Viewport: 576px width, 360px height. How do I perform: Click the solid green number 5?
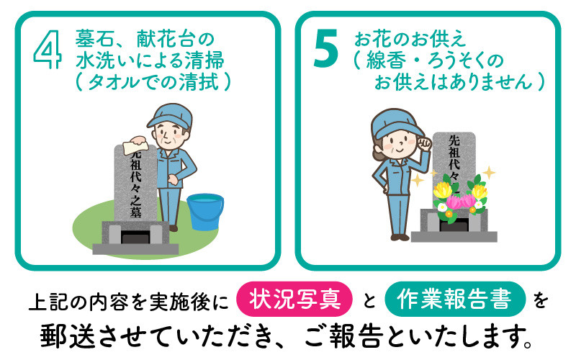coord(326,48)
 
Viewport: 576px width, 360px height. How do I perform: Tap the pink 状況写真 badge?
coord(294,299)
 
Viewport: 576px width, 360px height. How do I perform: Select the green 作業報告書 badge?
coord(455,299)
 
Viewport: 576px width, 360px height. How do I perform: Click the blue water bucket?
coord(205,212)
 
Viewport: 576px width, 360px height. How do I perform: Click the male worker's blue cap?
coord(170,115)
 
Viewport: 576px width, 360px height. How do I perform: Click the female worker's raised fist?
coord(425,143)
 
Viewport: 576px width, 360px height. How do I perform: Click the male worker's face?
coord(170,135)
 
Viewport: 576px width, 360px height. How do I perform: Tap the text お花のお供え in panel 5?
coord(410,40)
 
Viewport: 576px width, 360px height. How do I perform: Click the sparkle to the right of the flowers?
coord(489,173)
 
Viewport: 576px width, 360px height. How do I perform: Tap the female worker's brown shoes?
coord(400,238)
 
